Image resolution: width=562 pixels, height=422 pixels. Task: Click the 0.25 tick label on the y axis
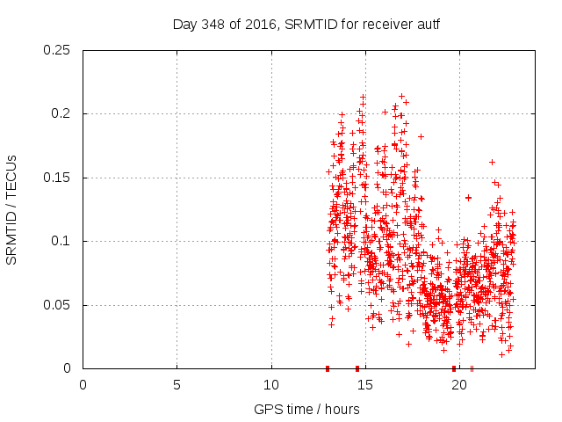58,50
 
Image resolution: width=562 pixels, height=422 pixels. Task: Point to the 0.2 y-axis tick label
61,114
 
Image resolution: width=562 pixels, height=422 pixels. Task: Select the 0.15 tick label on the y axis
58,178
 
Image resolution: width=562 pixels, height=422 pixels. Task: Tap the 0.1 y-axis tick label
61,241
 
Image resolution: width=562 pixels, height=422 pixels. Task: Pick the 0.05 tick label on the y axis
58,305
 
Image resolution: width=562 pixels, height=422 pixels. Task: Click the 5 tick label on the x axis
177,384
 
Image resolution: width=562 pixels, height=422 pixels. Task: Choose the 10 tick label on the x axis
271,384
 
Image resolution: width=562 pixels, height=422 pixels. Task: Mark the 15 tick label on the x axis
365,384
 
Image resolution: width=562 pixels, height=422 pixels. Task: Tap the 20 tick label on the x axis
460,384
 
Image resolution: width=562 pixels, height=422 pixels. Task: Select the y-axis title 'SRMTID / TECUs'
12,210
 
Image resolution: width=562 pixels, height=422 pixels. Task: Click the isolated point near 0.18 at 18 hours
421,136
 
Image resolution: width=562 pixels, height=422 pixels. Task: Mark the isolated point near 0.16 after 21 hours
492,162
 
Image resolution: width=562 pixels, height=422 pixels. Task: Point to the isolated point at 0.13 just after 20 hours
468,198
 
